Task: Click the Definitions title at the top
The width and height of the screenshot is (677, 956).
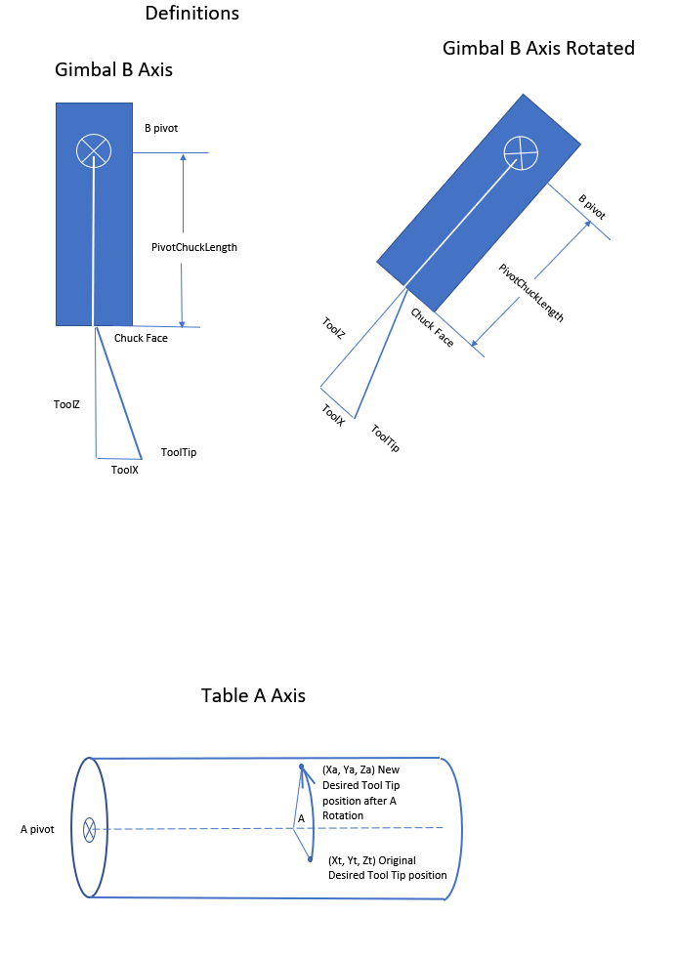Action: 191,14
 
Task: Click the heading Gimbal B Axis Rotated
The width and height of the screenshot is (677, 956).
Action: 538,48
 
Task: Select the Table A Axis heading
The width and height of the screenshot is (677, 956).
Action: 253,695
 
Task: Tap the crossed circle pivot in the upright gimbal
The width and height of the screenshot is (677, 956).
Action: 94,150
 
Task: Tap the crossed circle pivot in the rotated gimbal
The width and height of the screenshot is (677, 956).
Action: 521,152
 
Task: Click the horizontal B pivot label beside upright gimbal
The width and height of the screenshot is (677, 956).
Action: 160,128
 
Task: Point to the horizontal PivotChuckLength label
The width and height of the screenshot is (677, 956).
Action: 194,247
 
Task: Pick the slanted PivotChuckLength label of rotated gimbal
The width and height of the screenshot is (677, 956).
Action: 531,293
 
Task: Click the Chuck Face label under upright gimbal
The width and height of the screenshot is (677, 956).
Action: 141,339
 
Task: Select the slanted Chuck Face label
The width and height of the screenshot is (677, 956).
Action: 432,328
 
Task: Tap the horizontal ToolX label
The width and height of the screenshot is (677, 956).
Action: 125,470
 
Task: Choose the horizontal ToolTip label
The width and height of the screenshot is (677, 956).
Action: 179,452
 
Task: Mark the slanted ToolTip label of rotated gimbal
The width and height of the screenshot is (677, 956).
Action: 386,438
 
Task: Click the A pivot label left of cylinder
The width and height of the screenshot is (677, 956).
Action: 37,829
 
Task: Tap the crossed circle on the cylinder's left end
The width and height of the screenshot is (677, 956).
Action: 89,830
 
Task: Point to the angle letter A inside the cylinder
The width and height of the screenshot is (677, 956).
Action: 302,817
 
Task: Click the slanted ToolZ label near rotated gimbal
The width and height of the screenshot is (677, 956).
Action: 333,327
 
